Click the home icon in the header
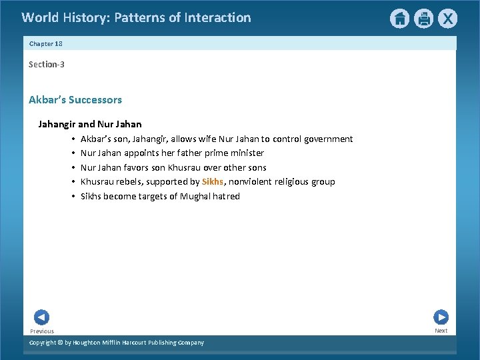399,19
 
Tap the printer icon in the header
423,19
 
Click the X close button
447,19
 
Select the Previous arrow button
41,317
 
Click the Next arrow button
441,317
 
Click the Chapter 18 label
45,43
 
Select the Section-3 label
46,65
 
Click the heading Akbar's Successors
75,100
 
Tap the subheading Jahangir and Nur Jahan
90,124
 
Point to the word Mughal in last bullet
196,196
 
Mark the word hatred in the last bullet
227,196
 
